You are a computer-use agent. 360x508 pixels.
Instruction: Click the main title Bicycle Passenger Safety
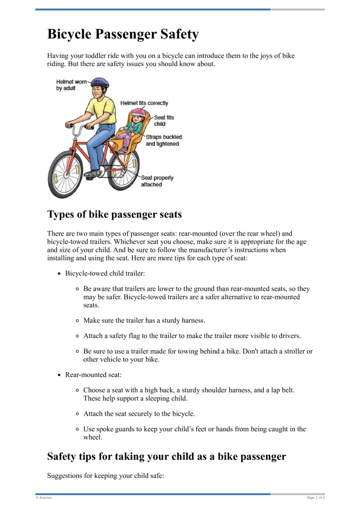(x=123, y=35)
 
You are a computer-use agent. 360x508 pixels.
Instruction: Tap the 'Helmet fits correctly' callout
(x=144, y=103)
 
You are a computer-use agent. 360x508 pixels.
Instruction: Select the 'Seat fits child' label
(x=163, y=120)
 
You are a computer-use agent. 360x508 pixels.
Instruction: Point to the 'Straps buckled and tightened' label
(x=163, y=140)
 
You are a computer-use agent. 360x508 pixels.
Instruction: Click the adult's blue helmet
(x=100, y=83)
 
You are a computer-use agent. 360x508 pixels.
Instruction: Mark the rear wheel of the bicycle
(x=124, y=170)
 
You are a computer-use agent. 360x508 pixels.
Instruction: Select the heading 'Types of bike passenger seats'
(x=114, y=214)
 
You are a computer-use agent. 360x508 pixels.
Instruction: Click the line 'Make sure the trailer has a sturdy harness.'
(x=144, y=321)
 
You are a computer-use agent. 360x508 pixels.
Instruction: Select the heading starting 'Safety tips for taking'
(x=166, y=456)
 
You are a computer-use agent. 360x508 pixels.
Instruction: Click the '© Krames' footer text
(x=44, y=498)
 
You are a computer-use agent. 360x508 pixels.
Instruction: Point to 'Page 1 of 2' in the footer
(x=315, y=498)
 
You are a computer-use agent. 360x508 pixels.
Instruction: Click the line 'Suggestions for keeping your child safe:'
(x=106, y=475)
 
